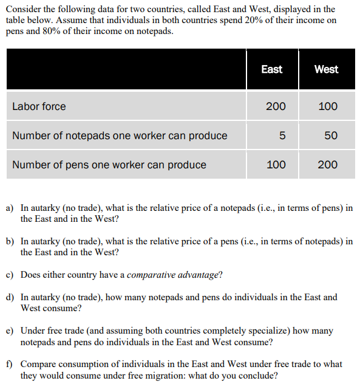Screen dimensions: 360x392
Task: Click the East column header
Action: (271, 69)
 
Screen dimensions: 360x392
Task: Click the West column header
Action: (326, 69)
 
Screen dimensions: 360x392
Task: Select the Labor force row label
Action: (39, 106)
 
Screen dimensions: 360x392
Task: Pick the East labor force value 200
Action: (276, 106)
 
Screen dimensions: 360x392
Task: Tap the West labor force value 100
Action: (328, 106)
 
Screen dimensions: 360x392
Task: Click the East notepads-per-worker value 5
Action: (282, 136)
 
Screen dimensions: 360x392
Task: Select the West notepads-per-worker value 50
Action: (331, 136)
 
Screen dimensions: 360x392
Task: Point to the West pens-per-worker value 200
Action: (328, 165)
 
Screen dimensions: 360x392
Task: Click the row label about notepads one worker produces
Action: (120, 136)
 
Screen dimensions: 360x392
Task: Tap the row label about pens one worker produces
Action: (109, 165)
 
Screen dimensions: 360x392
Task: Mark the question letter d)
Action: (10, 298)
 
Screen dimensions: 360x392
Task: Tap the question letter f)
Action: (10, 364)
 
